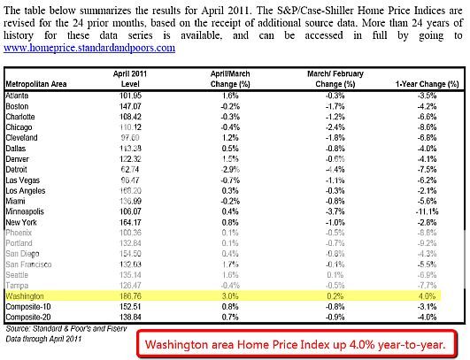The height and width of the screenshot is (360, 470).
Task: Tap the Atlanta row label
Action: pyautogui.click(x=19, y=94)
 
